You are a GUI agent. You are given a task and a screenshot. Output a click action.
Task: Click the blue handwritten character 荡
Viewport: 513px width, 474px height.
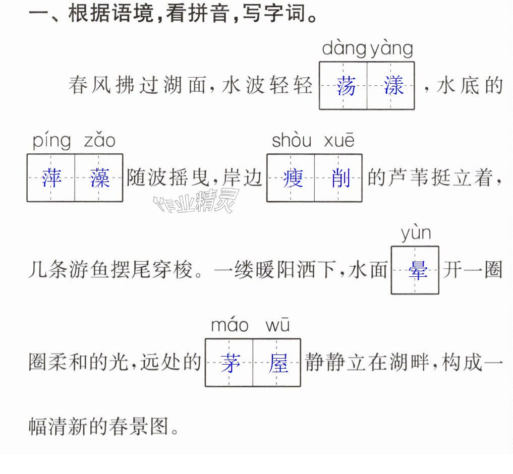point(346,86)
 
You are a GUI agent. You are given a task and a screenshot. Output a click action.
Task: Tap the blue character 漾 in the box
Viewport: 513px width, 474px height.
point(393,86)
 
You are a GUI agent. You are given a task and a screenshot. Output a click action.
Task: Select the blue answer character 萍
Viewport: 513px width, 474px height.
point(51,178)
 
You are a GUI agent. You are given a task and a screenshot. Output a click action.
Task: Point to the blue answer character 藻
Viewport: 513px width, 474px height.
point(99,178)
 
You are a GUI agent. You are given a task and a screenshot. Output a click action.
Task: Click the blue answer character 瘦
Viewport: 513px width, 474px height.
point(293,178)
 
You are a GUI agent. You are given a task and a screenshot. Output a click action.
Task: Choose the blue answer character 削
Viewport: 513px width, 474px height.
point(340,178)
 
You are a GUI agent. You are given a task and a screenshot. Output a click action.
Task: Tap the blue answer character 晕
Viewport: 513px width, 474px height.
point(418,270)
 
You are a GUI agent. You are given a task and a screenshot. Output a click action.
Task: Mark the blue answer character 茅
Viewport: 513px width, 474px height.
point(231,363)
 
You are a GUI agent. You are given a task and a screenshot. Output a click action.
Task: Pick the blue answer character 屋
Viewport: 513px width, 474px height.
point(278,363)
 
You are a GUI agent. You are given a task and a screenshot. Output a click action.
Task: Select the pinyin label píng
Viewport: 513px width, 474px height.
point(51,141)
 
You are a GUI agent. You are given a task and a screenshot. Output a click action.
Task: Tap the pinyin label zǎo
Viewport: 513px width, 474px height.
point(100,140)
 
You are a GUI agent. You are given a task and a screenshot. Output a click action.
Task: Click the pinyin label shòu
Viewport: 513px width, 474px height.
point(292,140)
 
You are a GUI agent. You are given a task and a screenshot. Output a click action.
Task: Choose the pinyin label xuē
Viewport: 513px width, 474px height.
point(339,140)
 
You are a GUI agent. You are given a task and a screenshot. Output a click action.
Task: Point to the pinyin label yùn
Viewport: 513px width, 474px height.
point(416,233)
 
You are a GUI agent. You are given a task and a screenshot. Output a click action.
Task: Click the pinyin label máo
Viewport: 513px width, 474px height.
point(230,325)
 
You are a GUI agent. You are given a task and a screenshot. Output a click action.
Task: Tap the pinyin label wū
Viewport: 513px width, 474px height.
point(277,325)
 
